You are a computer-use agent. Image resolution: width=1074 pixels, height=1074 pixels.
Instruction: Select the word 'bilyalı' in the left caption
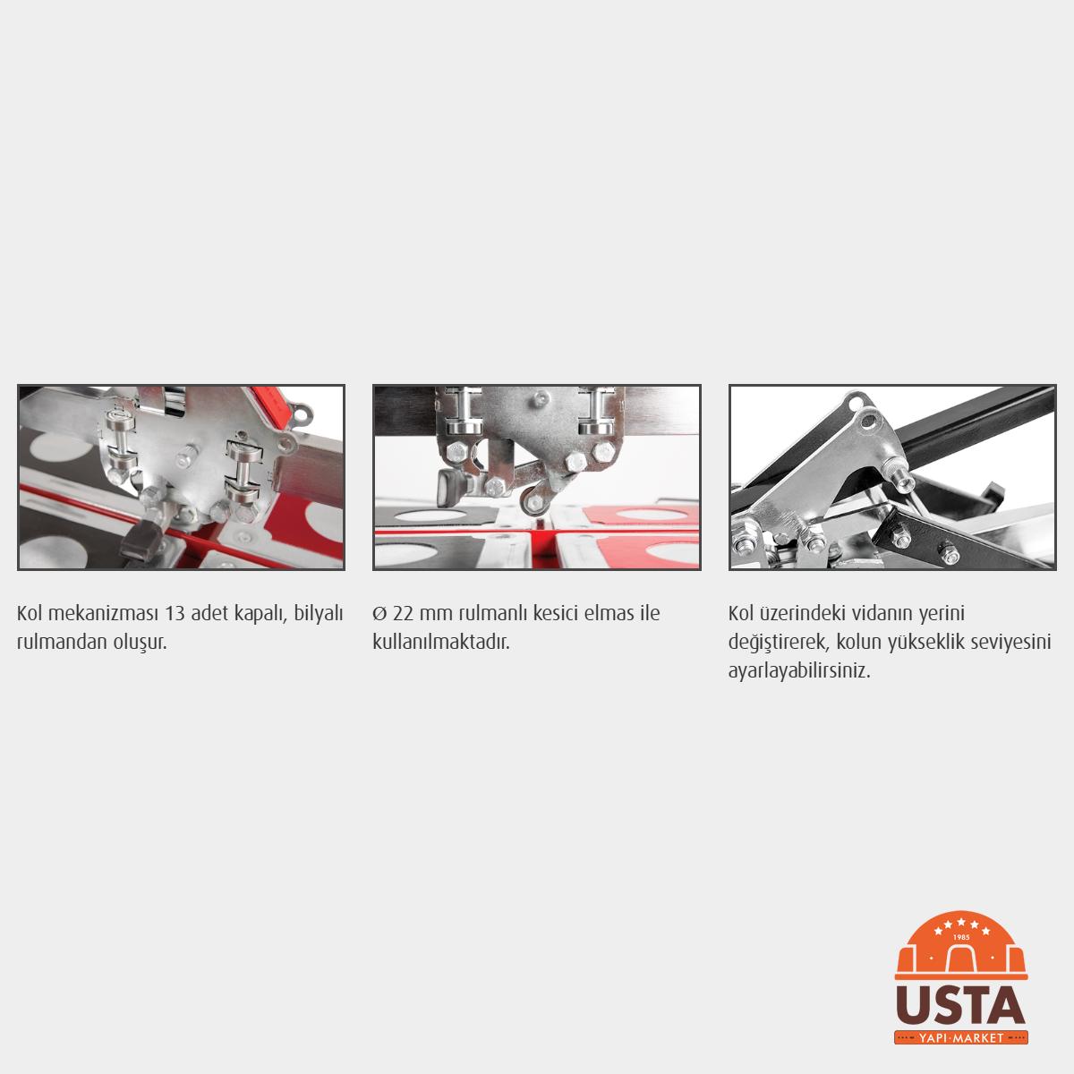319,614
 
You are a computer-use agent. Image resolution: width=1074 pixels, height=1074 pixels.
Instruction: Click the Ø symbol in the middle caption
379,614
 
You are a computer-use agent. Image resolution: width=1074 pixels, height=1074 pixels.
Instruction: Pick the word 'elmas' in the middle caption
605,614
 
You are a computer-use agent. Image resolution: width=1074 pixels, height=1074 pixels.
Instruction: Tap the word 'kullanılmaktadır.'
441,642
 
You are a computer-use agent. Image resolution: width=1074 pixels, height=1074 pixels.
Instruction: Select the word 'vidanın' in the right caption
881,614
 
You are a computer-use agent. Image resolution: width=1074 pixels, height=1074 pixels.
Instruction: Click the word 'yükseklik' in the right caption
926,643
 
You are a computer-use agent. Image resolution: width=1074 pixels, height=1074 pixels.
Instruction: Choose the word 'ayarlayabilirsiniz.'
798,671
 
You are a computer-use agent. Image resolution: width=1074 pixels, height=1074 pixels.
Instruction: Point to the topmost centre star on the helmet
961,922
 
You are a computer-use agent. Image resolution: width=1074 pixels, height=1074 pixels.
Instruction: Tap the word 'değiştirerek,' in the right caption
776,643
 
